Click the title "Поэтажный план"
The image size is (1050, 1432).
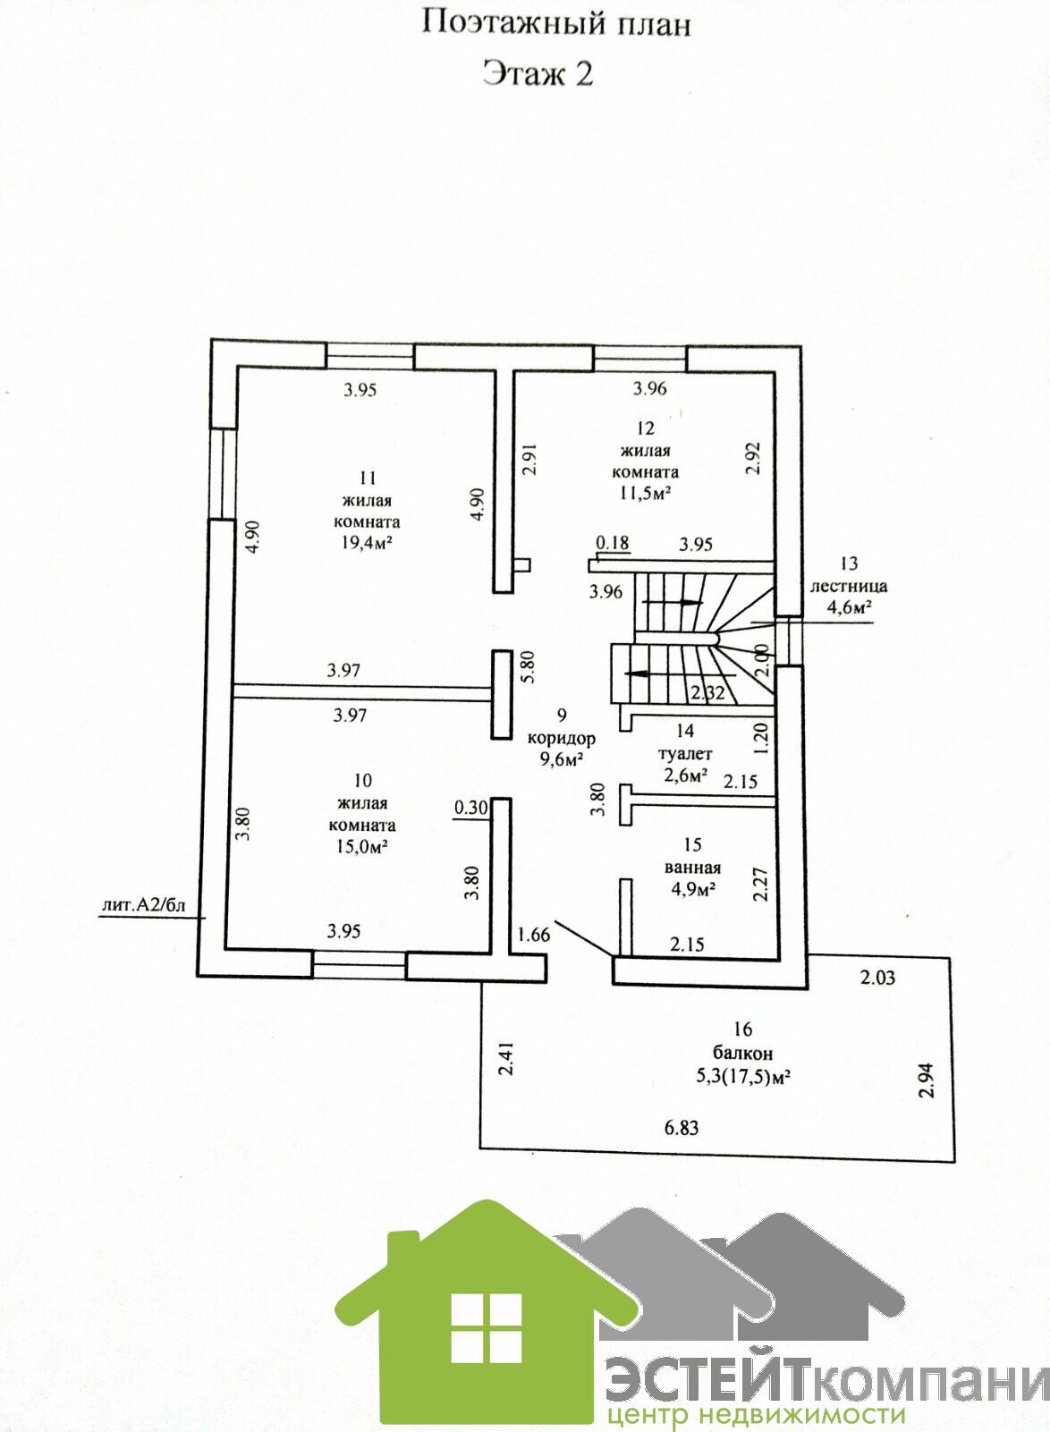[x=556, y=24]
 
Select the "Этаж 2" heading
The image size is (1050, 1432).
[x=538, y=73]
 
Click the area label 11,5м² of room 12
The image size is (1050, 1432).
[x=645, y=493]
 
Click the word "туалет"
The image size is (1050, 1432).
[x=685, y=755]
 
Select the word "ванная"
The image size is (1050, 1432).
[x=692, y=868]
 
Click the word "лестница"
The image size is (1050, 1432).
[x=849, y=587]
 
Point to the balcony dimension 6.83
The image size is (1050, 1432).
[x=682, y=1127]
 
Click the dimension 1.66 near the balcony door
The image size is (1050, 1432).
[x=533, y=935]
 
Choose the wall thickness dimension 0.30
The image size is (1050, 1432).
[x=471, y=807]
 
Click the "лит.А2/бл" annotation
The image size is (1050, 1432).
[x=143, y=904]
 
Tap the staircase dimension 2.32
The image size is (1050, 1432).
[x=707, y=691]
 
